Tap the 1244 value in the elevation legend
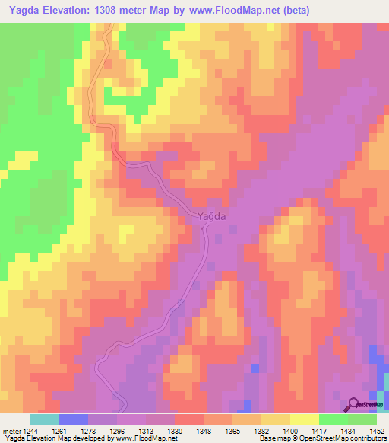click(31, 431)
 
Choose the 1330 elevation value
click(176, 431)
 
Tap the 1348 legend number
click(204, 431)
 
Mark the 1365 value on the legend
click(232, 431)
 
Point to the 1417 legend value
click(319, 431)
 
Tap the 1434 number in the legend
click(347, 431)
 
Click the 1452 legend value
click(375, 431)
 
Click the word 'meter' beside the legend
click(11, 431)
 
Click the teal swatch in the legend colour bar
click(45, 419)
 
